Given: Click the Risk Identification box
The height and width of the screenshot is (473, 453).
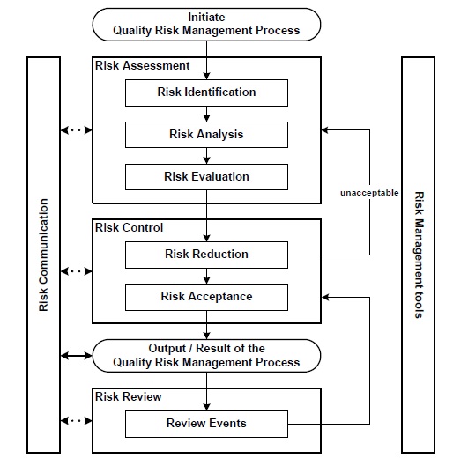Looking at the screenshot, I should pos(206,92).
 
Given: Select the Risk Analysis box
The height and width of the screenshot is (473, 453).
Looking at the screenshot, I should pos(206,135).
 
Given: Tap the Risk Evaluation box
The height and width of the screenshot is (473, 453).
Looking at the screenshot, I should pos(206,177).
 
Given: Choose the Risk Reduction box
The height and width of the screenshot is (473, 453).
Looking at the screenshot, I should pos(206,255).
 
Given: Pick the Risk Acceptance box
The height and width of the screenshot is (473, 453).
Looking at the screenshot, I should pos(206,297).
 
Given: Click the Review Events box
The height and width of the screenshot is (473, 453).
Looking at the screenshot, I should pos(206,424).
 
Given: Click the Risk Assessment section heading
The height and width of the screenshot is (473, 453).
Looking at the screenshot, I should pos(142,65).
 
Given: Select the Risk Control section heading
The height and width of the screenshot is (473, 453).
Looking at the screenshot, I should pos(129,227).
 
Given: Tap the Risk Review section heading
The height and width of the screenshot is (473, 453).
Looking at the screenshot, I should pos(129,396).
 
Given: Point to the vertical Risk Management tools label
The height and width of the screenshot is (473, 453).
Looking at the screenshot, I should pos(419,255).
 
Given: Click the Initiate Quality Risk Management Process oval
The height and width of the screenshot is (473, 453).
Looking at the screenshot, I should pos(206,24).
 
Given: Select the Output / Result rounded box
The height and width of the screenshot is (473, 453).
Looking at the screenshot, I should pos(206,355).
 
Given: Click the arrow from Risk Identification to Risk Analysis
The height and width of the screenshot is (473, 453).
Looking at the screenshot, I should pos(206,114).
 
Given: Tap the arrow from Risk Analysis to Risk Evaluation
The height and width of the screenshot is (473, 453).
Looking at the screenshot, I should pos(206,156).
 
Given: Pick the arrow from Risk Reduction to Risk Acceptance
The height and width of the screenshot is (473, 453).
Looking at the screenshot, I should pos(206,276).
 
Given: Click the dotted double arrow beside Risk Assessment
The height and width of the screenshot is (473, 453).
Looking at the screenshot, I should pos(76,131).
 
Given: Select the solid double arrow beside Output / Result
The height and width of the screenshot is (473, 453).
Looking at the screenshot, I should pos(76,356).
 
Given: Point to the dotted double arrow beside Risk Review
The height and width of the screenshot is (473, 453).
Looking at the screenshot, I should pos(76,422).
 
